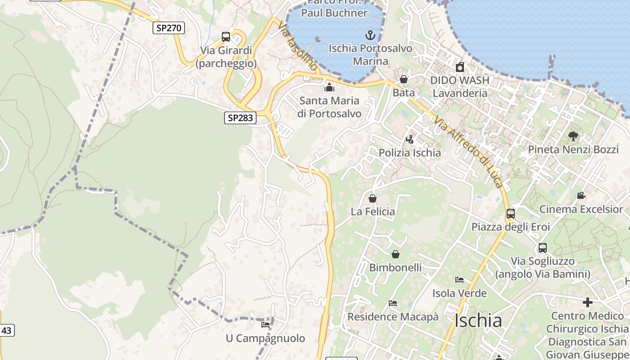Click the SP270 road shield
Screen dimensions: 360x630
[169, 28]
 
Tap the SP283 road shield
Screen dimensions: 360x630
[240, 118]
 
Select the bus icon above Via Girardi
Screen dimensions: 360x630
[226, 37]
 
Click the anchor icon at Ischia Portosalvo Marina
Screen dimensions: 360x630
[370, 35]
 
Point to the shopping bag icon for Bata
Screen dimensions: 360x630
[404, 79]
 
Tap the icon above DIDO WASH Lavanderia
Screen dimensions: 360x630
[459, 67]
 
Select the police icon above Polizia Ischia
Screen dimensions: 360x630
[409, 139]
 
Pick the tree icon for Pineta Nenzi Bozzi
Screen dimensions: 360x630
[573, 136]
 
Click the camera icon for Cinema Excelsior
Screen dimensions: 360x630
[581, 195]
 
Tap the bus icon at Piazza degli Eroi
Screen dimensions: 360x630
[511, 213]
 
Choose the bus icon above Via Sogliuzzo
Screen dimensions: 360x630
[543, 247]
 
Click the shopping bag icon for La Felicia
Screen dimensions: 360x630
[373, 198]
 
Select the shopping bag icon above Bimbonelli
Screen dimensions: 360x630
[396, 254]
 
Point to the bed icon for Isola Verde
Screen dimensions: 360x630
[459, 280]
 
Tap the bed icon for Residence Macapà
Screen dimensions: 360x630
[393, 303]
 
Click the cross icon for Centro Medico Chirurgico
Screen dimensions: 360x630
[587, 302]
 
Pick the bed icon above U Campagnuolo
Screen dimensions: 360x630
[265, 324]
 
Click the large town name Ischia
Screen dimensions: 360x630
[478, 320]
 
